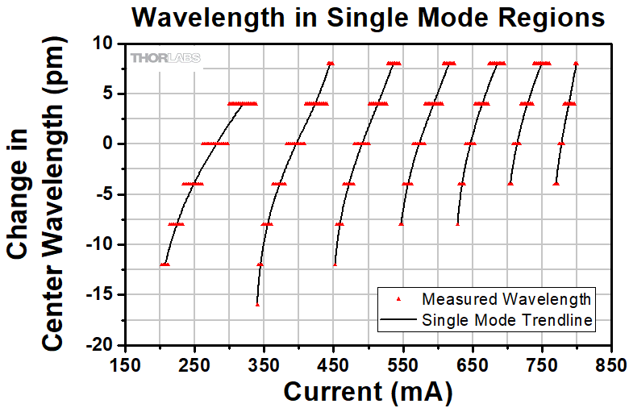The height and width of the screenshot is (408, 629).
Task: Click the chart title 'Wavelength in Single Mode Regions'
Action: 368,17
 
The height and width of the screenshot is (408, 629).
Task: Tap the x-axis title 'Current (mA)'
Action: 368,392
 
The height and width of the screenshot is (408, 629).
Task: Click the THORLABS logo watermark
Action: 165,57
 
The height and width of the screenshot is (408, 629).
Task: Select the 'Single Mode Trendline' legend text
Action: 507,320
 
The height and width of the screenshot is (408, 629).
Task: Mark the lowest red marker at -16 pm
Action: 257,304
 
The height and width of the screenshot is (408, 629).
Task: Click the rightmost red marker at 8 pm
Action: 576,63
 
